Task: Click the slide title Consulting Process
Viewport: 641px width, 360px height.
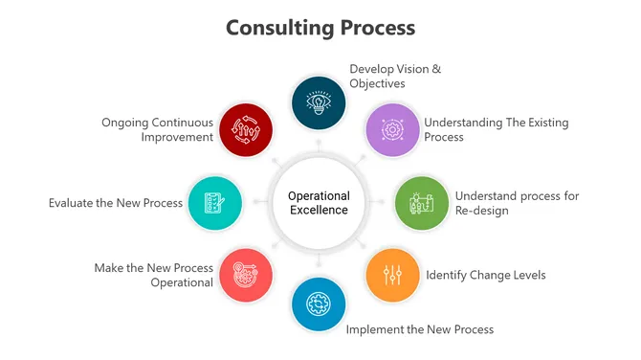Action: tap(320, 27)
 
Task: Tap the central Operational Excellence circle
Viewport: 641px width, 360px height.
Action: tap(319, 202)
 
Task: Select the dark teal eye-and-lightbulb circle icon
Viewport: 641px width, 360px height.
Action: tap(319, 102)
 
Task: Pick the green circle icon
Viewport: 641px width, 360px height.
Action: tap(422, 202)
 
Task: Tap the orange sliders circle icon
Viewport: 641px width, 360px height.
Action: tap(392, 275)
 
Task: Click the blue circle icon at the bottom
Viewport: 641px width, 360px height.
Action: tap(319, 304)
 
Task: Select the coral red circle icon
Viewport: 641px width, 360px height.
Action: tap(245, 275)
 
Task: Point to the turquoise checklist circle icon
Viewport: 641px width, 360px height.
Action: tap(215, 202)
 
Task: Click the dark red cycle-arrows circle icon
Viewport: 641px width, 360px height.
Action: tap(245, 129)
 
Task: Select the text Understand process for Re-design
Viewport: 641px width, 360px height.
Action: tap(517, 203)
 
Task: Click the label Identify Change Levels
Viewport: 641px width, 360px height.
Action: tap(485, 275)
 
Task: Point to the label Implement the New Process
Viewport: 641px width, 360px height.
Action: tap(419, 329)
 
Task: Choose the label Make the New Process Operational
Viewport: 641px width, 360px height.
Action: tap(153, 275)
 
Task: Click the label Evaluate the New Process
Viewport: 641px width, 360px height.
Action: tap(115, 202)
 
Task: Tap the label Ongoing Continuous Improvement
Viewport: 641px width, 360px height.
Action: tap(157, 129)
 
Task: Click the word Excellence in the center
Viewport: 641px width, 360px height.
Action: tap(319, 210)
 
